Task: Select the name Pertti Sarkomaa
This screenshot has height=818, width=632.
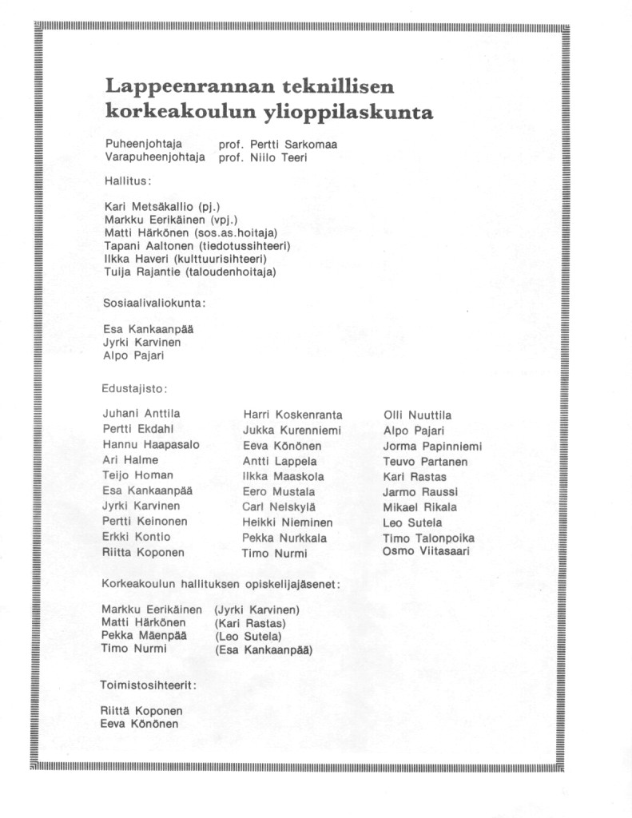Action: [292, 145]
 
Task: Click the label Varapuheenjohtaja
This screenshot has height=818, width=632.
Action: [155, 158]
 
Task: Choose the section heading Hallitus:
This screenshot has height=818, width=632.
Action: [128, 181]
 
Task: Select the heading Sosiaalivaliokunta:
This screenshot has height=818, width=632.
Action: [154, 303]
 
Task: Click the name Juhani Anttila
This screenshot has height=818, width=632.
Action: [141, 414]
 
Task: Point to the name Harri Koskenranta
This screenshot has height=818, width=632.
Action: [292, 415]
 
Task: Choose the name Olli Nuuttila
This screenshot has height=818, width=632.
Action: [417, 415]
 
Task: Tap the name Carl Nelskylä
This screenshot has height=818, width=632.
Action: [279, 506]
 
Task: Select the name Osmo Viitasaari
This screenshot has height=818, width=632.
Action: [427, 551]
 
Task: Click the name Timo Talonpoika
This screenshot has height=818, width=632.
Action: [429, 538]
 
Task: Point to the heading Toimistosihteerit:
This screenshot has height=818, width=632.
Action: [149, 685]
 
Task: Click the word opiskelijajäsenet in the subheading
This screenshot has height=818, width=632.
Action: [281, 585]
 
